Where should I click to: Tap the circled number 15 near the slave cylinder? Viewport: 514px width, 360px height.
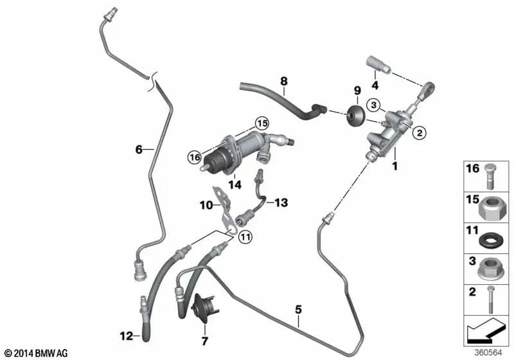tap(260, 123)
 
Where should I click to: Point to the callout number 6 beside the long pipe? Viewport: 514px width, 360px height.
tap(138, 150)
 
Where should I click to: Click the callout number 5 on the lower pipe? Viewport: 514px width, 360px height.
tap(298, 309)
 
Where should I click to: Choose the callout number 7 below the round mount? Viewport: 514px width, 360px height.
tap(206, 340)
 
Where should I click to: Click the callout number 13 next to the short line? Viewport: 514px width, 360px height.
tap(281, 203)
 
